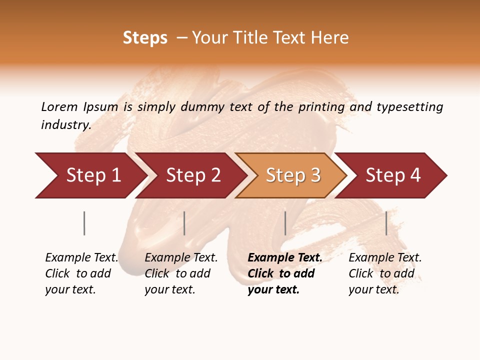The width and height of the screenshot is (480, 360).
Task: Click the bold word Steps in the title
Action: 145,38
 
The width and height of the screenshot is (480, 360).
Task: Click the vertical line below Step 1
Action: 84,223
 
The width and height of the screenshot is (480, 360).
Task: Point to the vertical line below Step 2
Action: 184,223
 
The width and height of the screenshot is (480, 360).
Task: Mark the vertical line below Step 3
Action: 285,223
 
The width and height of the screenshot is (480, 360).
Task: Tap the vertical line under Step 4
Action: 386,223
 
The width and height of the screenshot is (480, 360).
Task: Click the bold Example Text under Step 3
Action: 285,258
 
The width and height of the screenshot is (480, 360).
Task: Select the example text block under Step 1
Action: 81,273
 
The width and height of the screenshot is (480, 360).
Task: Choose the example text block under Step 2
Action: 181,273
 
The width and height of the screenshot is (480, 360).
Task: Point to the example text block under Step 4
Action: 385,273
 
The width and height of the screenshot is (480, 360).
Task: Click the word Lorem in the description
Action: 59,106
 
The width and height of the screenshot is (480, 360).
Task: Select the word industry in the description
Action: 65,125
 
